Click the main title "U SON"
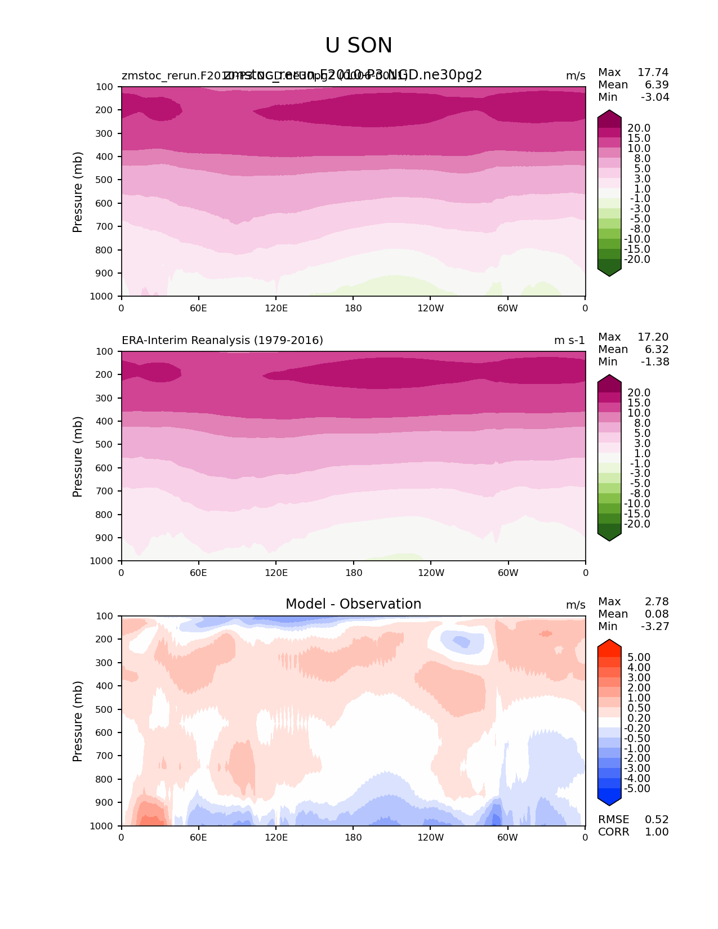tap(359, 46)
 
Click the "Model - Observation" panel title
tap(353, 604)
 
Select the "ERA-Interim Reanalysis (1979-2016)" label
tap(222, 341)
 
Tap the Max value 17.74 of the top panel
tap(653, 73)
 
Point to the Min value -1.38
tap(655, 362)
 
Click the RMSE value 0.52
tap(657, 820)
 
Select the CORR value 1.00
tap(657, 832)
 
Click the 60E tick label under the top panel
tap(198, 308)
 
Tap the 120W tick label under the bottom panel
tap(430, 838)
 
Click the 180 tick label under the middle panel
tap(353, 573)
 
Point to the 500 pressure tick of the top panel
tap(105, 180)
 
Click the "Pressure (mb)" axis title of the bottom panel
tap(78, 721)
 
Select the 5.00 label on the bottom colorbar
tap(639, 658)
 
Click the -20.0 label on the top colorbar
tap(638, 260)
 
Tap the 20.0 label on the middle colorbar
tap(639, 393)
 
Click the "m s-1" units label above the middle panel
tap(569, 341)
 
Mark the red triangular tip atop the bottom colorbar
tap(609, 645)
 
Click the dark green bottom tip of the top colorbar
tap(609, 273)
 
